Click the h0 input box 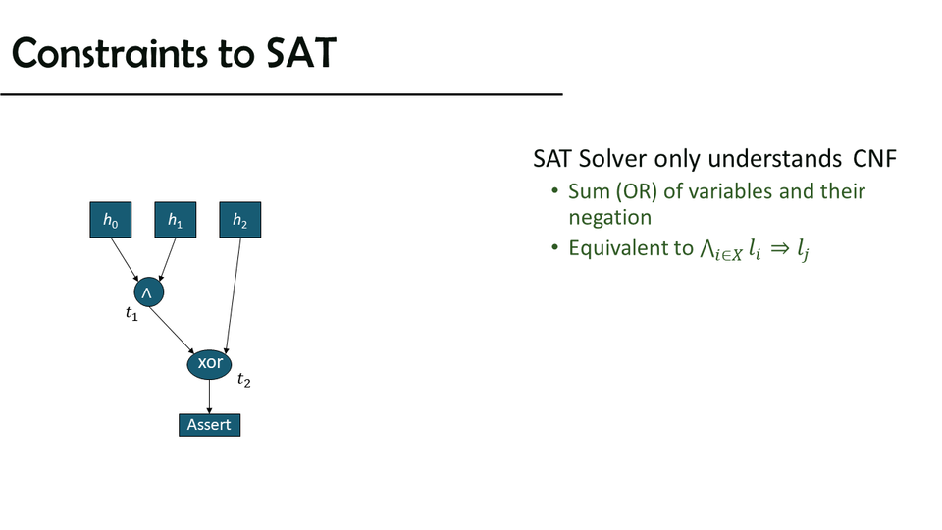pyautogui.click(x=111, y=220)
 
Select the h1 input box pyautogui.click(x=176, y=220)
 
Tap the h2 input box pyautogui.click(x=240, y=220)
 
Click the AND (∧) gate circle pyautogui.click(x=148, y=292)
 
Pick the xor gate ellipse pyautogui.click(x=209, y=363)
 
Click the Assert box pyautogui.click(x=210, y=425)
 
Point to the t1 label pyautogui.click(x=131, y=314)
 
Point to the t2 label pyautogui.click(x=244, y=380)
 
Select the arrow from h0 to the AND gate pyautogui.click(x=125, y=259)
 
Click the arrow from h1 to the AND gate pyautogui.click(x=168, y=259)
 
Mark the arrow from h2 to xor pyautogui.click(x=234, y=295)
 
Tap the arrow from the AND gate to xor pyautogui.click(x=172, y=330)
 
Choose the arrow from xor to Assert pyautogui.click(x=210, y=397)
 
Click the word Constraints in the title pyautogui.click(x=109, y=53)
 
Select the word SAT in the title pyautogui.click(x=301, y=53)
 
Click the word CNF pyautogui.click(x=874, y=159)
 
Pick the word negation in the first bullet pyautogui.click(x=609, y=218)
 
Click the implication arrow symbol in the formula pyautogui.click(x=780, y=248)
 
